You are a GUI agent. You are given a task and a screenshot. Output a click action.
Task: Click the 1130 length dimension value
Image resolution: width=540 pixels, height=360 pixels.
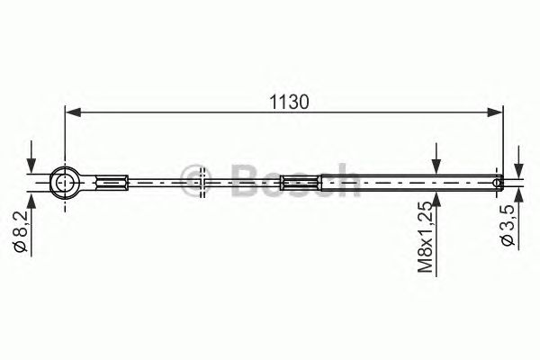[x=289, y=103]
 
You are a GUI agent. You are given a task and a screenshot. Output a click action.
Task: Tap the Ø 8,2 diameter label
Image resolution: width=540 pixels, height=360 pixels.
[x=21, y=232]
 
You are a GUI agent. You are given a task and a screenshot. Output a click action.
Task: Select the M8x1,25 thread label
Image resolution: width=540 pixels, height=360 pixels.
[x=426, y=238]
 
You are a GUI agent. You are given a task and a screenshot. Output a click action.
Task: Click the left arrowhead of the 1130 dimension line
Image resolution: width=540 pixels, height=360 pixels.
[x=73, y=112]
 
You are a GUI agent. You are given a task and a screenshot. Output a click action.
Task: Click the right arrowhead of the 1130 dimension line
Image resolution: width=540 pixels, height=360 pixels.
[x=495, y=112]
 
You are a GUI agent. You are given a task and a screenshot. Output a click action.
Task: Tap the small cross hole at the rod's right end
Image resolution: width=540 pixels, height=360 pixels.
[x=497, y=182]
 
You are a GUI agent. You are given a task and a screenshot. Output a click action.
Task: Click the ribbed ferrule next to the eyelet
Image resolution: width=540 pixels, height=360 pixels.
[x=112, y=182]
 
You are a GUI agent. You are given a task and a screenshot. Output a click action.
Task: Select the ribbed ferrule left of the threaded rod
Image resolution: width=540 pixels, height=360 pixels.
[x=301, y=182]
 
